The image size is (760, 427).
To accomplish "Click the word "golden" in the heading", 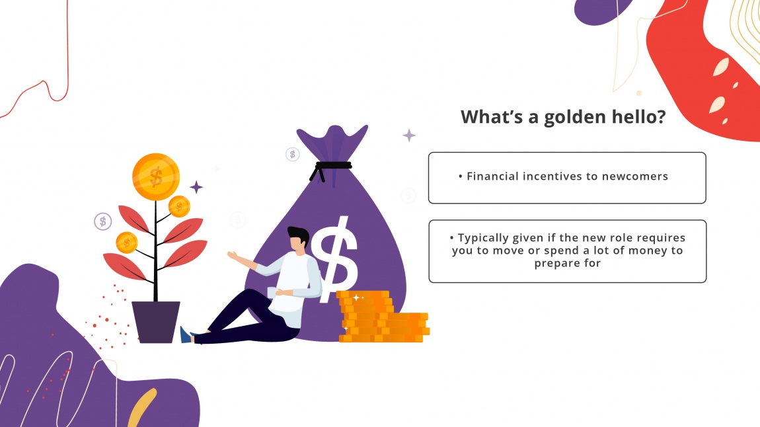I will pyautogui.click(x=572, y=117).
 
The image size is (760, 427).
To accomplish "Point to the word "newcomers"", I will pyautogui.click(x=635, y=176).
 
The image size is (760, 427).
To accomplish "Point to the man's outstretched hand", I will pyautogui.click(x=233, y=256).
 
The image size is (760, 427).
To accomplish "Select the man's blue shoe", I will pyautogui.click(x=186, y=335).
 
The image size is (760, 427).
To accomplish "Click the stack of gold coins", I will pyautogui.click(x=380, y=317).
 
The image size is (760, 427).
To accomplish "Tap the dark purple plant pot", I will pyautogui.click(x=156, y=321).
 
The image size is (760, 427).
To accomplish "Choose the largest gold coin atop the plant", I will pyautogui.click(x=156, y=176).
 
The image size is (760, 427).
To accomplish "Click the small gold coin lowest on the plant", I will pyautogui.click(x=126, y=243).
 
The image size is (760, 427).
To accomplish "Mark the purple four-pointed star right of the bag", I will pyautogui.click(x=409, y=136).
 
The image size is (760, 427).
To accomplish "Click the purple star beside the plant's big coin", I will pyautogui.click(x=196, y=187).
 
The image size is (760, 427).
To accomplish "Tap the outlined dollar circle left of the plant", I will pyautogui.click(x=102, y=221).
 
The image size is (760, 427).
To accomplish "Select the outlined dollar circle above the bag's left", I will pyautogui.click(x=293, y=154).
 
